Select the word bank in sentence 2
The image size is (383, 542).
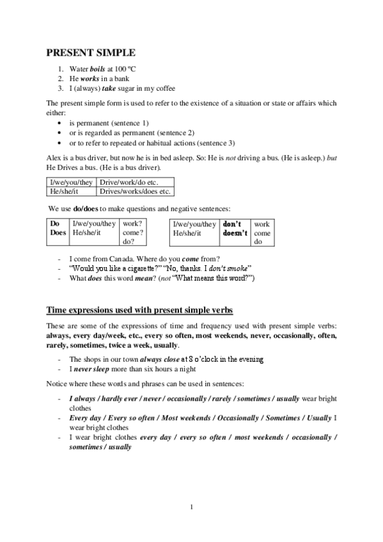pyautogui.click(x=124, y=78)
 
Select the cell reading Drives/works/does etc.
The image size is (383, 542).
pyautogui.click(x=135, y=191)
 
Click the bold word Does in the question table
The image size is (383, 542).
pyautogui.click(x=58, y=234)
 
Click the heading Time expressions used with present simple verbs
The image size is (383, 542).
pyautogui.click(x=139, y=311)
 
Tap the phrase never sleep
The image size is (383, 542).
pyautogui.click(x=92, y=369)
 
